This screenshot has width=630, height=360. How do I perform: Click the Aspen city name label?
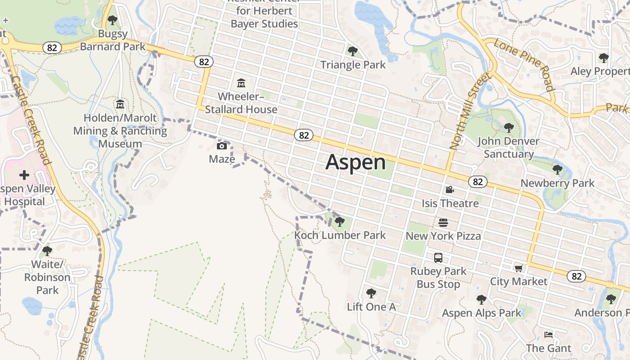[x=355, y=162]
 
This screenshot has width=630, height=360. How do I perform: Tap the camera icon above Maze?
[x=222, y=146]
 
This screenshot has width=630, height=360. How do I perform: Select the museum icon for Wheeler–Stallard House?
[x=241, y=83]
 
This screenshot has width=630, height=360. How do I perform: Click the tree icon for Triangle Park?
[x=353, y=51]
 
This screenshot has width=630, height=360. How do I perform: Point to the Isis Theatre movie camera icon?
[x=450, y=190]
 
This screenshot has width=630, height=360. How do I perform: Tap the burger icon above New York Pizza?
[x=443, y=222]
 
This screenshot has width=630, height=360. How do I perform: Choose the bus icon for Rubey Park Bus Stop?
[x=438, y=258]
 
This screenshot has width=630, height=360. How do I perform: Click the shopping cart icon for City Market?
[x=518, y=268]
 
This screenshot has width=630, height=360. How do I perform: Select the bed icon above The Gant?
[x=548, y=335]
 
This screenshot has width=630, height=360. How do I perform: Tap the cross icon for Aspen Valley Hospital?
[x=24, y=175]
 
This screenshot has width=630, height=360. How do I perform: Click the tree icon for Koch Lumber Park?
[x=340, y=221]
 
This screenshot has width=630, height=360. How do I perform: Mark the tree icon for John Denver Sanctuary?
[x=509, y=127]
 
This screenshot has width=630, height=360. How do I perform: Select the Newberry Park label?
[x=558, y=183]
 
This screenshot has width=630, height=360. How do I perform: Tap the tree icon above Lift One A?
[x=371, y=293]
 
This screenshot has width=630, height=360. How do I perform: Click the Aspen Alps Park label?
[x=481, y=313]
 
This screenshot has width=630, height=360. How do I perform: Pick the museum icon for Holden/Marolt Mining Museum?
[x=120, y=104]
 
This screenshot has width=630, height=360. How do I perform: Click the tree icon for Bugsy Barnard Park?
[x=112, y=20]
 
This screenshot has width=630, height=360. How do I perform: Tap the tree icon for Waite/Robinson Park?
[x=47, y=251]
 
